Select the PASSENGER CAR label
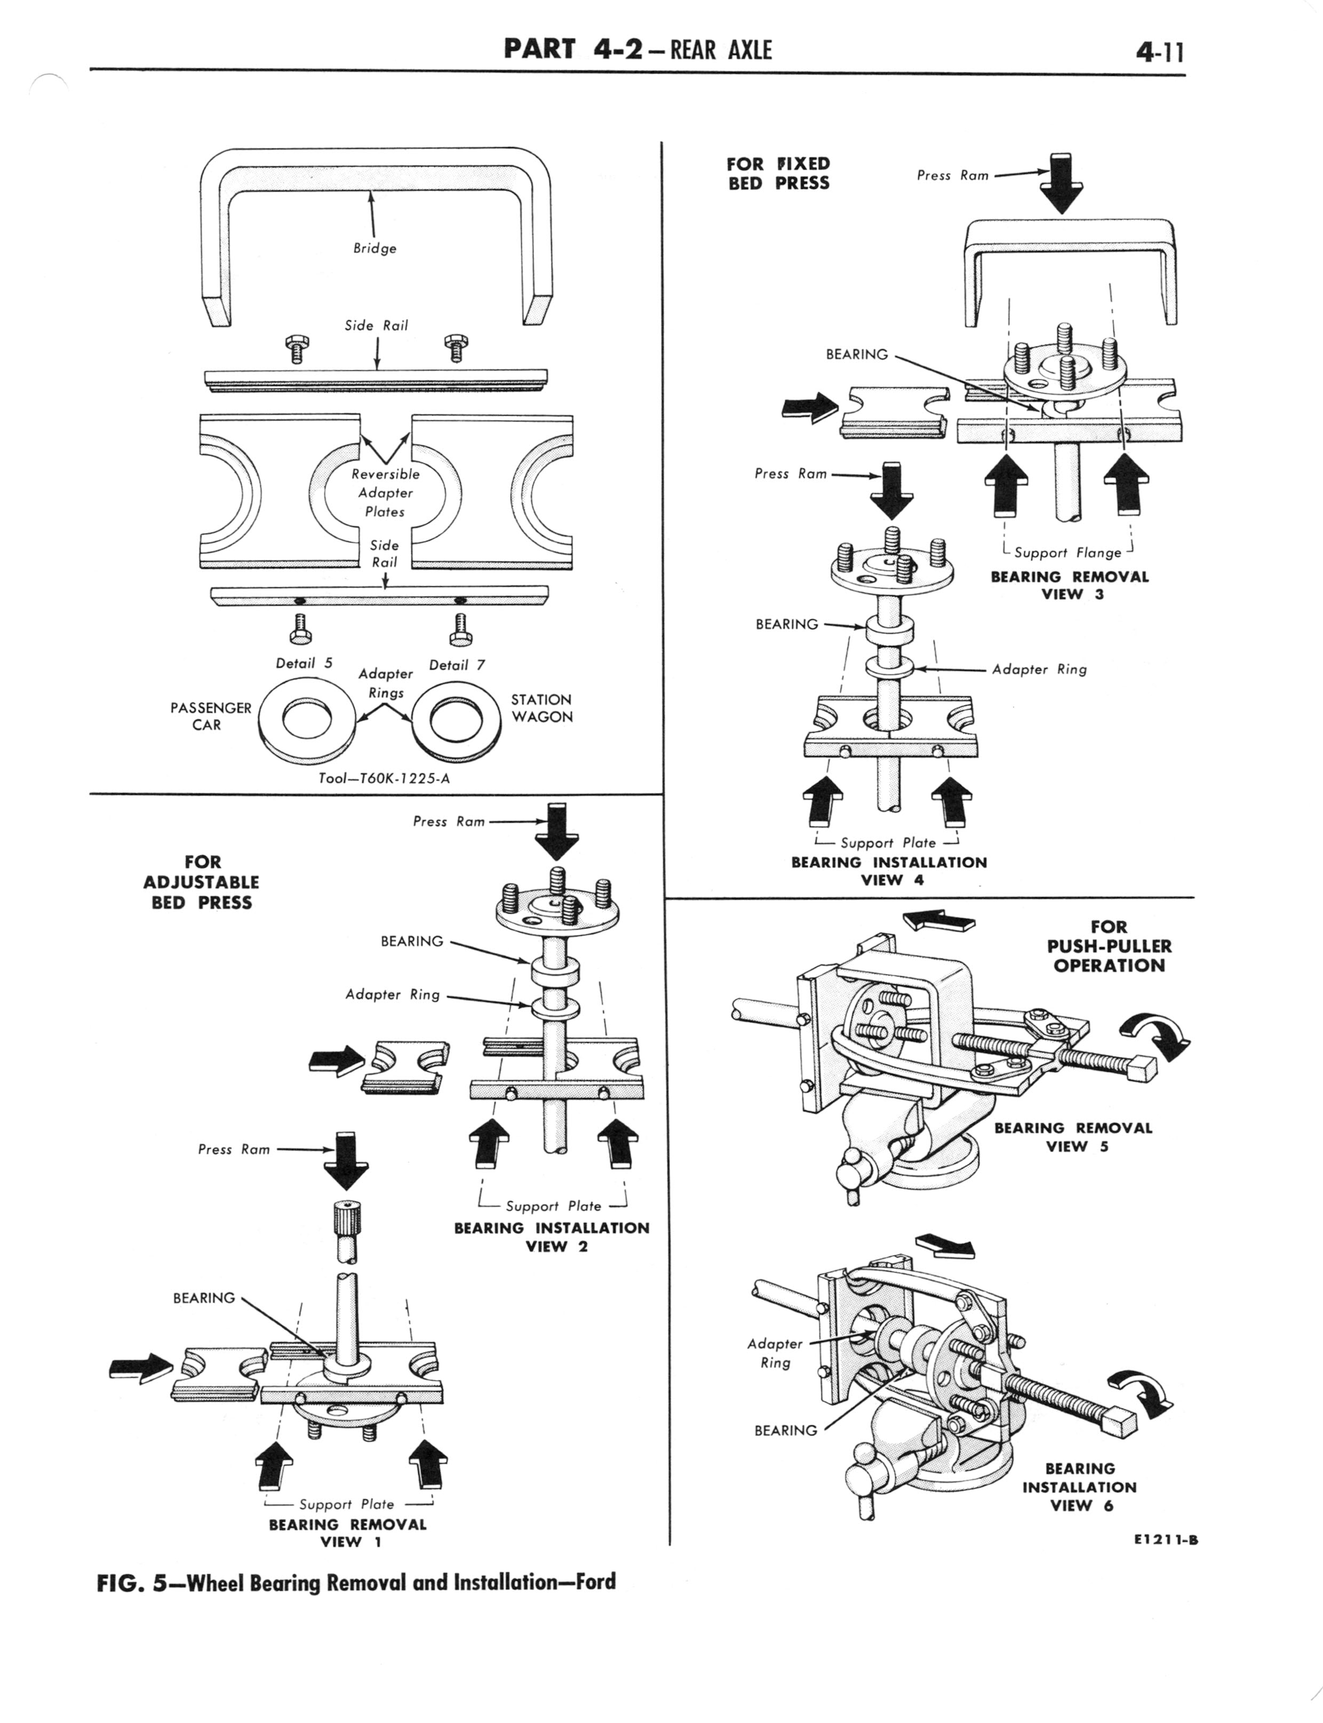point(210,716)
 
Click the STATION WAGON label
point(542,708)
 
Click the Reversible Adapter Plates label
point(385,492)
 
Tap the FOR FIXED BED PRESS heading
point(778,173)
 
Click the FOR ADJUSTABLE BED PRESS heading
point(202,882)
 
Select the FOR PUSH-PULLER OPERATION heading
point(1109,946)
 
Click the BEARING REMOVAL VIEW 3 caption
point(1070,585)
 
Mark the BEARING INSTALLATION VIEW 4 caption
point(889,871)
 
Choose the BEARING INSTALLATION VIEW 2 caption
point(551,1236)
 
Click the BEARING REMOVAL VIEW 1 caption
point(347,1533)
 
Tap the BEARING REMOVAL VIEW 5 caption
point(1073,1137)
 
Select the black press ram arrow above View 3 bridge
point(1061,184)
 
